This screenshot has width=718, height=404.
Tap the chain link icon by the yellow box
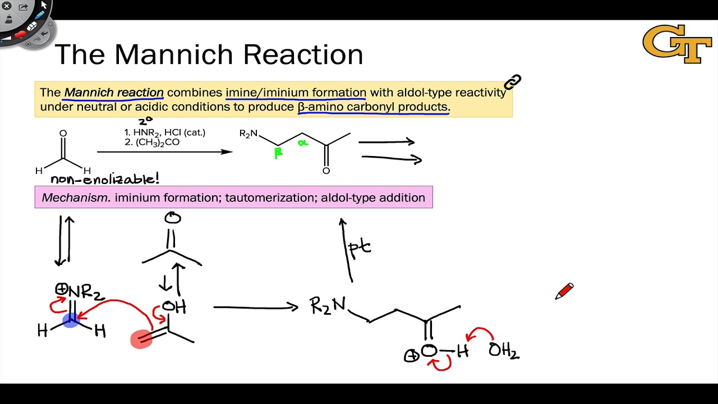[512, 82]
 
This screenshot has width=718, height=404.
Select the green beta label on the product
[278, 153]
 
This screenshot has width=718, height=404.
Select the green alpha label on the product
[303, 143]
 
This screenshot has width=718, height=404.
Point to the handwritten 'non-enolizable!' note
[105, 180]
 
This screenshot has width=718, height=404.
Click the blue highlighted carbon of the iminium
[71, 320]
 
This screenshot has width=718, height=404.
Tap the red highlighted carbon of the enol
[141, 339]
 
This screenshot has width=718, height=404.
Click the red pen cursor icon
[564, 291]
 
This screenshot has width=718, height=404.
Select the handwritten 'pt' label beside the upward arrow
[359, 247]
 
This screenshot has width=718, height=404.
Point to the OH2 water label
[503, 351]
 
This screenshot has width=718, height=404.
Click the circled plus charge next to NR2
[61, 290]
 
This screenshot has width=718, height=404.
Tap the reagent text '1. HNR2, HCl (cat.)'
[165, 132]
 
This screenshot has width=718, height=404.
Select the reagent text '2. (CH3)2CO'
[152, 143]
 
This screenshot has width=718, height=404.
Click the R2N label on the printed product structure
[248, 134]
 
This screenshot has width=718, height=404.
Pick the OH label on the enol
[174, 306]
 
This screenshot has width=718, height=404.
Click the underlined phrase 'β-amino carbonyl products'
[373, 107]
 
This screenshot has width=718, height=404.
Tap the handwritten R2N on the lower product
[328, 306]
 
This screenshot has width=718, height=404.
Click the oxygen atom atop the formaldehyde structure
[63, 134]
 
